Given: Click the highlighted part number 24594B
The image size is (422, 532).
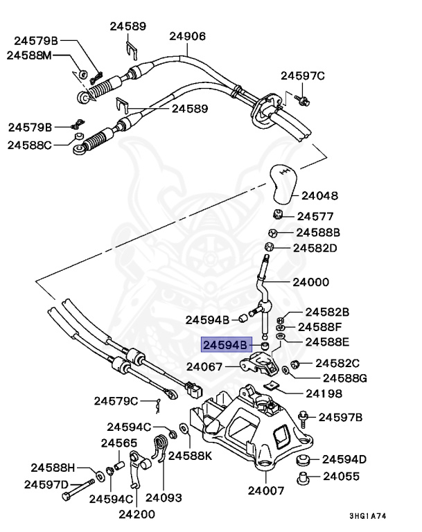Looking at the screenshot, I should click(x=225, y=344).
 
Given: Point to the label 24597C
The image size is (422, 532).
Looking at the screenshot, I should click(x=303, y=76).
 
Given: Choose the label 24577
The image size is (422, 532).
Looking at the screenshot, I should click(x=315, y=216).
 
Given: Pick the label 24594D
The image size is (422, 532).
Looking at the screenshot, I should click(x=344, y=459).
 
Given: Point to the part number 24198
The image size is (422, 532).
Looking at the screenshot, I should click(x=324, y=393).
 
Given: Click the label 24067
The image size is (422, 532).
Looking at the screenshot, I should click(x=206, y=366).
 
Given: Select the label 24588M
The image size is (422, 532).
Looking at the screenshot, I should click(x=30, y=55).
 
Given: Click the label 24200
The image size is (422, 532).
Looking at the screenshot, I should click(x=137, y=513).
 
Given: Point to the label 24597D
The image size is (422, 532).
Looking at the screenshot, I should click(x=46, y=484).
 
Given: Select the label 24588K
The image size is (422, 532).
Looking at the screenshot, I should click(x=191, y=456).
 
